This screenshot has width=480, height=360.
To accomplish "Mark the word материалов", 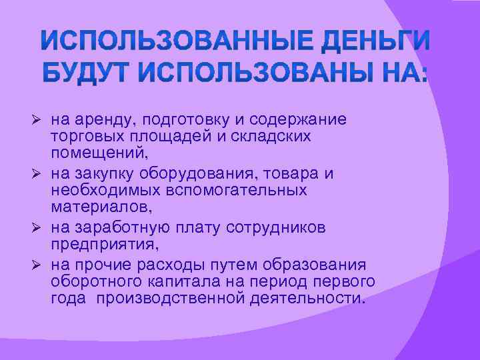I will (x=99, y=209).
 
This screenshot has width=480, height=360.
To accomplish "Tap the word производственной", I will (x=170, y=299).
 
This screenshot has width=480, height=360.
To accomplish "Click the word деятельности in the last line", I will (x=307, y=299).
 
